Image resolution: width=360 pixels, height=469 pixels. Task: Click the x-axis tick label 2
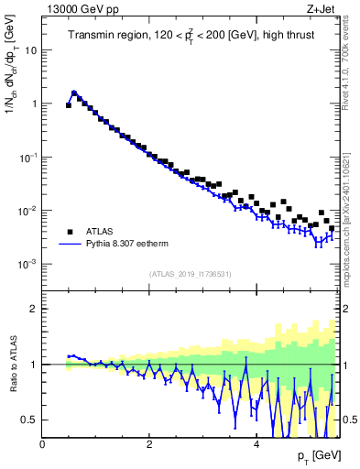pyautogui.click(x=149, y=444)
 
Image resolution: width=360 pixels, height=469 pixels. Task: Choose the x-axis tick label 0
pyautogui.click(x=42, y=444)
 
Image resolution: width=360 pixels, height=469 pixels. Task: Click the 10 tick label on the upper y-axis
pyautogui.click(x=30, y=49)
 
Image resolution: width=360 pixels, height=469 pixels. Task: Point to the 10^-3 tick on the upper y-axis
pyautogui.click(x=27, y=264)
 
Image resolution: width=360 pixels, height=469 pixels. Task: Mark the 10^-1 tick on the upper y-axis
pyautogui.click(x=27, y=157)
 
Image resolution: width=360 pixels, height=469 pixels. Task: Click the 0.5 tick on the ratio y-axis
pyautogui.click(x=28, y=420)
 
